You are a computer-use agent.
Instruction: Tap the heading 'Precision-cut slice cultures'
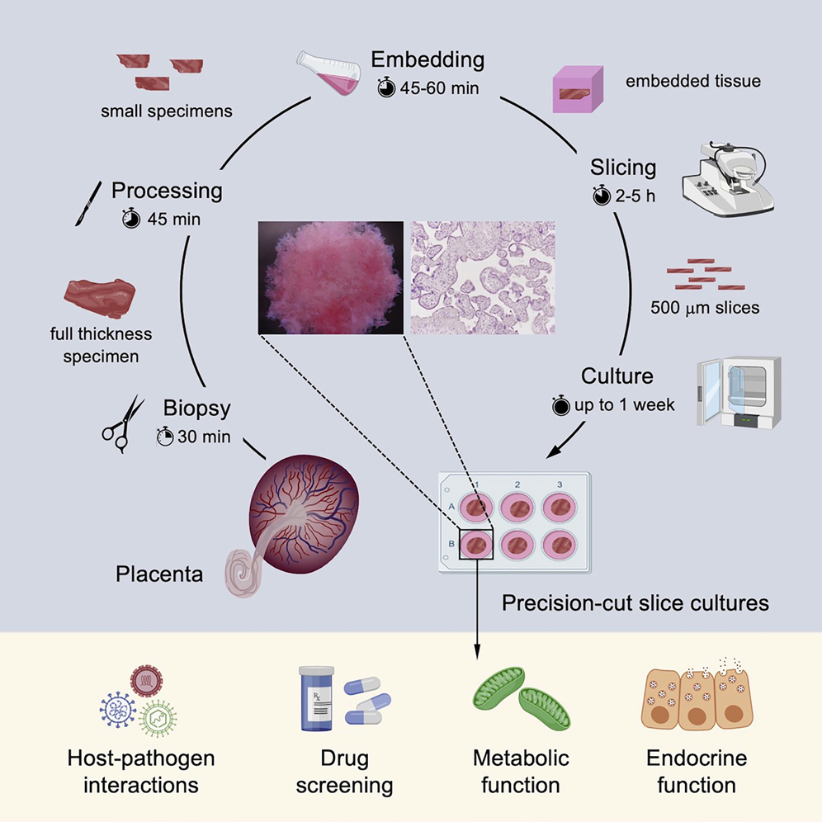635,603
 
